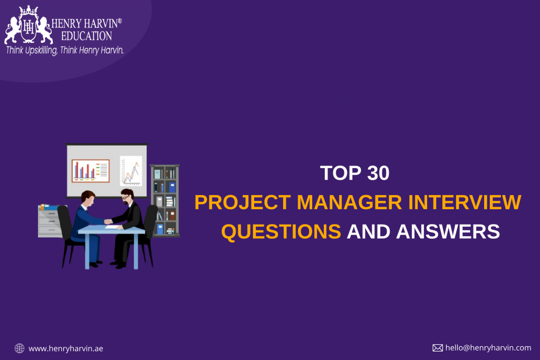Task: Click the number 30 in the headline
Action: (378, 173)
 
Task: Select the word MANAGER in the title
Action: (349, 202)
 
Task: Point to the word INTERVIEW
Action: (465, 202)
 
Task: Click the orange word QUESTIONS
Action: (281, 231)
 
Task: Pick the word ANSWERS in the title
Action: (448, 231)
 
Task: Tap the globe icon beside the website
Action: (20, 348)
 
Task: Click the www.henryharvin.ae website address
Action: (66, 348)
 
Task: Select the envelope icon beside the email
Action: (438, 348)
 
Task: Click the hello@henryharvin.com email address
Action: (488, 347)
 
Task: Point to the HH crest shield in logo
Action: (28, 26)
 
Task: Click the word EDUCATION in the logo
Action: (86, 36)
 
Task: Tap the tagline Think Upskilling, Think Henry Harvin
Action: (65, 50)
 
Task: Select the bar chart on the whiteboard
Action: (91, 171)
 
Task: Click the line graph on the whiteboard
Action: (131, 171)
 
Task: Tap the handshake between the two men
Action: (108, 222)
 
